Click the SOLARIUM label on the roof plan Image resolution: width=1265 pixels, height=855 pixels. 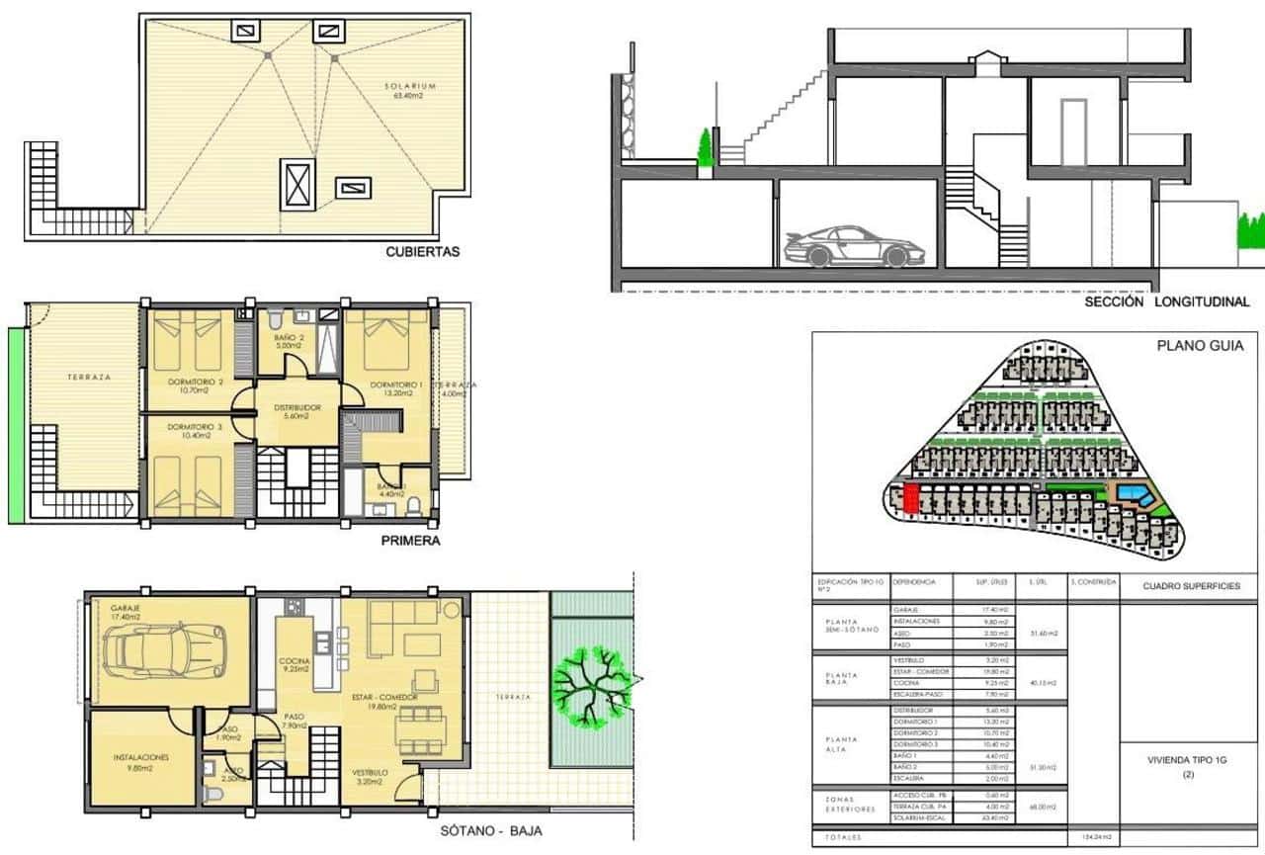point(410,87)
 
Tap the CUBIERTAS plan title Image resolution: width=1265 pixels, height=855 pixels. point(423,252)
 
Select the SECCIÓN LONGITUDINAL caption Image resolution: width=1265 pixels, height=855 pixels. point(1166,302)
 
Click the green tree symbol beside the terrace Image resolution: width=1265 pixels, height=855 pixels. point(591,683)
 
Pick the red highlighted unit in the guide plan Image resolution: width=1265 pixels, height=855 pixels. point(911,498)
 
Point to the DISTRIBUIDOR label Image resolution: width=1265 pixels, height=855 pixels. point(295,406)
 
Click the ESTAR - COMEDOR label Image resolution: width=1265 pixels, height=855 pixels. point(384,698)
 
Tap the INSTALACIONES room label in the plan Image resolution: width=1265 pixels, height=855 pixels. point(140,757)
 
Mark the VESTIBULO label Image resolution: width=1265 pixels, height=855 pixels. point(370,772)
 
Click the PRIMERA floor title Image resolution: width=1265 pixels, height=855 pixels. point(410,542)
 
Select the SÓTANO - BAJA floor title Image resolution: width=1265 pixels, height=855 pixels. point(490,831)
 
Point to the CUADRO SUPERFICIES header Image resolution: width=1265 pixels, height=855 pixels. point(1191,586)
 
